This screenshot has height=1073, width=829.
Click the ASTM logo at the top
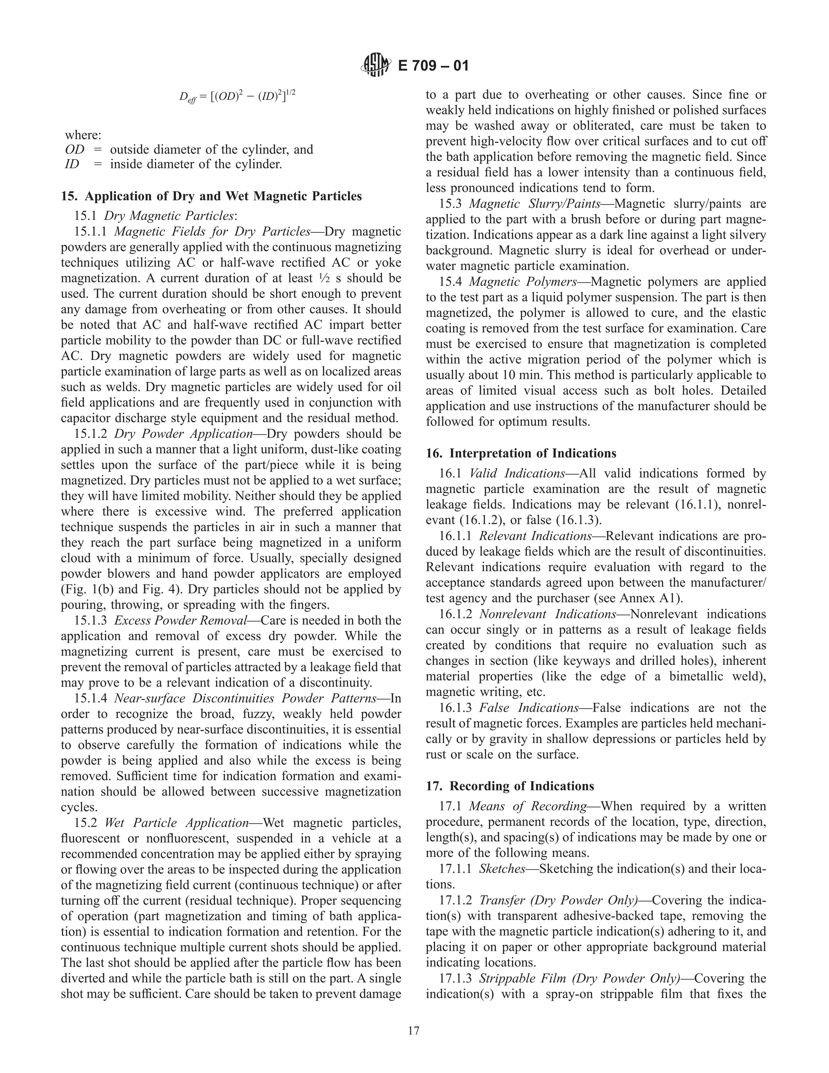(376, 65)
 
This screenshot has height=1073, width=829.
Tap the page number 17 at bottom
(414, 1030)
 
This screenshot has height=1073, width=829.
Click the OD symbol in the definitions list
(74, 149)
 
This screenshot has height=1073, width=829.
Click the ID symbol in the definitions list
(72, 164)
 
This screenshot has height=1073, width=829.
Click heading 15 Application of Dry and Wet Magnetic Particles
(211, 196)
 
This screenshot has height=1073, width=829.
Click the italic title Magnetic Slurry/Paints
(534, 204)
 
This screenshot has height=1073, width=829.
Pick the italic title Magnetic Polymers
(523, 282)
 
